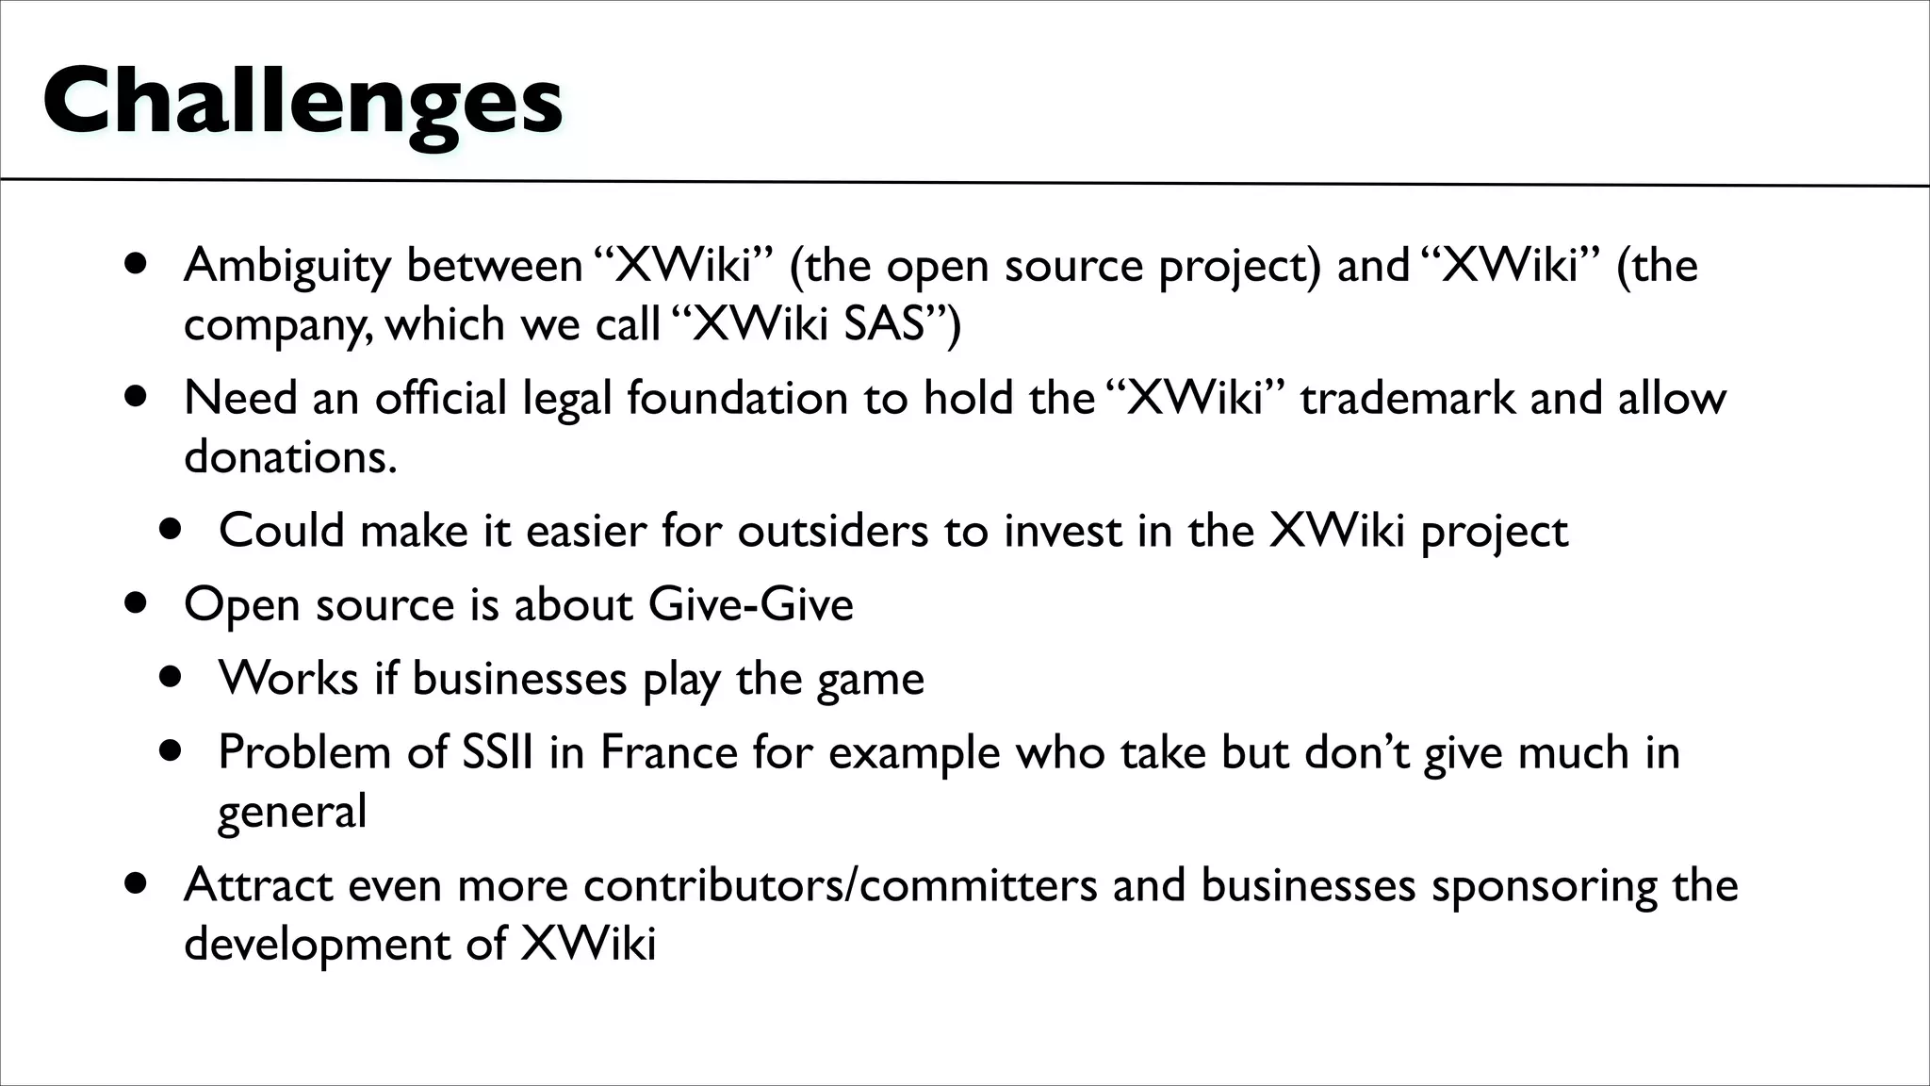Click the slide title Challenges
pyautogui.click(x=303, y=103)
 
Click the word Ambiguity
pyautogui.click(x=287, y=267)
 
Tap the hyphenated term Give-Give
pyautogui.click(x=750, y=604)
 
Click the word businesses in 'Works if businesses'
pyautogui.click(x=519, y=679)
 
